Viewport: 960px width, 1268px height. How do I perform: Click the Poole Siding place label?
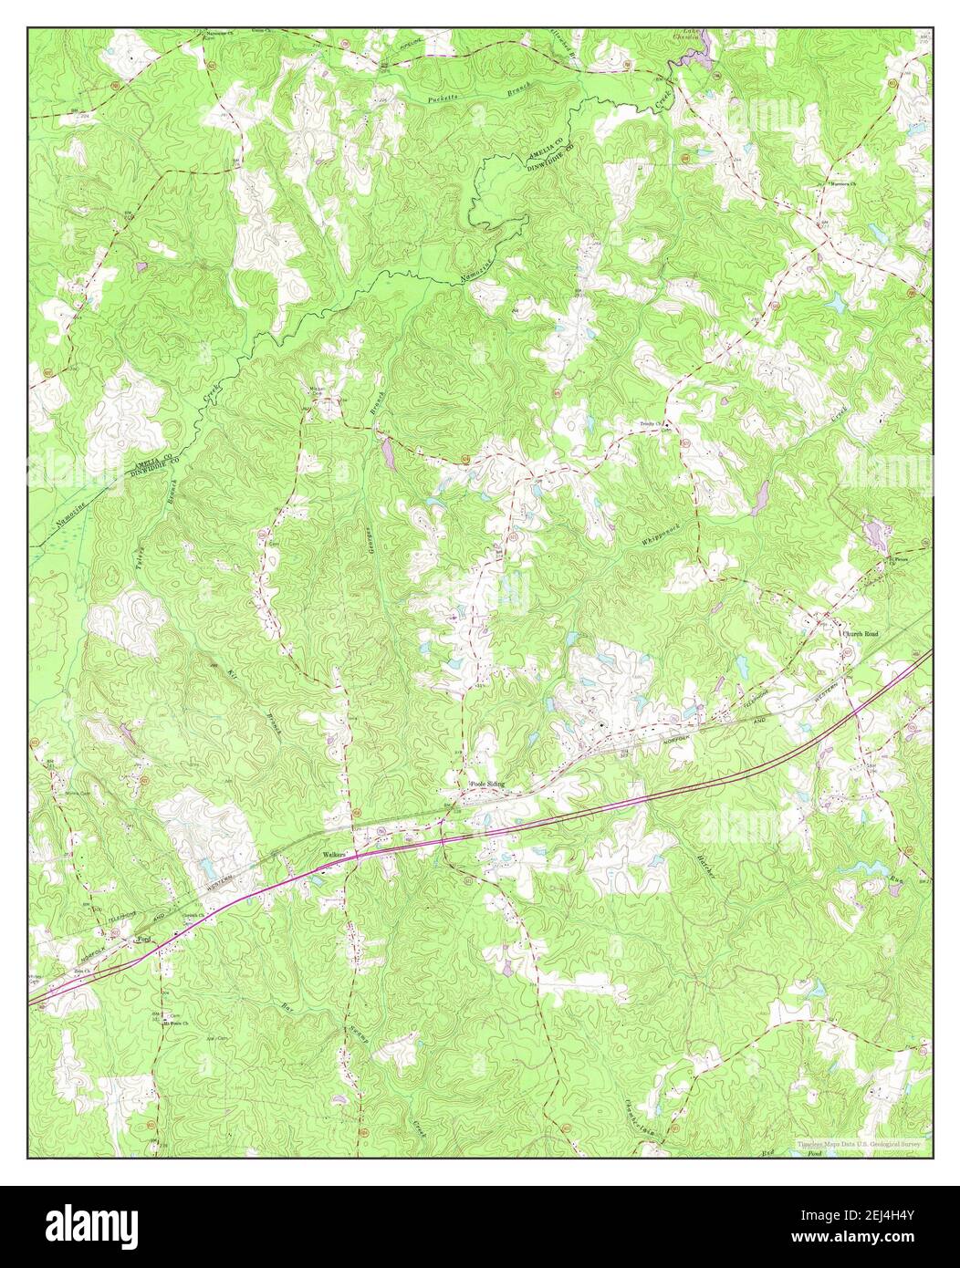pyautogui.click(x=486, y=784)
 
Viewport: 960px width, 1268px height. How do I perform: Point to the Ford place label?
pyautogui.click(x=142, y=939)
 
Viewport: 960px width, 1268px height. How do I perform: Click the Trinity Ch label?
pyautogui.click(x=650, y=424)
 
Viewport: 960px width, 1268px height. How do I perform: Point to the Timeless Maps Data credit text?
pyautogui.click(x=859, y=1142)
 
